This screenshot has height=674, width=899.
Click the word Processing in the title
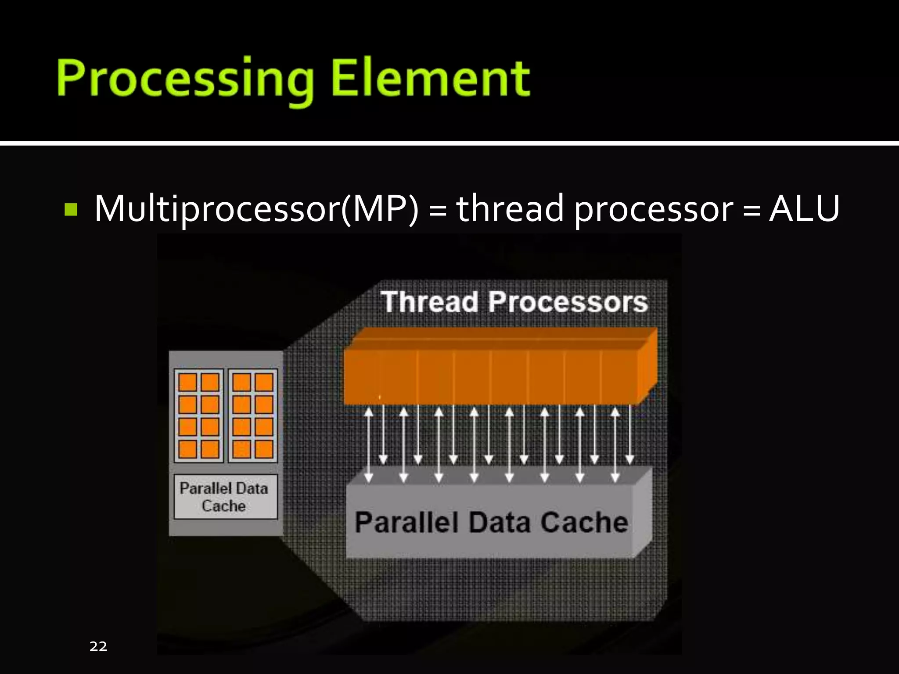pos(185,79)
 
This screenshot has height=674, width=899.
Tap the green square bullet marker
pos(71,210)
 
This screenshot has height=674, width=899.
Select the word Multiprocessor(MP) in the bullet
pos(256,209)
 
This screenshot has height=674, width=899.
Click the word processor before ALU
pos(653,209)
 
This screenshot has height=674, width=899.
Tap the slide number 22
pos(98,646)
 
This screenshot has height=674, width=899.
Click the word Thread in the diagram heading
pos(429,302)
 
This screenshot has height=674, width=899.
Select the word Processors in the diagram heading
pos(568,302)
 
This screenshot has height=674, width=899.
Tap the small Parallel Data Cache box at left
pos(225,497)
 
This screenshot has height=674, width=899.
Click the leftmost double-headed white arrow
pos(369,445)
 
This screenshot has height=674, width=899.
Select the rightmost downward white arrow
pos(630,434)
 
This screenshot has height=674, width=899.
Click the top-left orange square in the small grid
pos(187,382)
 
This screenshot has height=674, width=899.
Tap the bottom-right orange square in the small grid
pos(264,449)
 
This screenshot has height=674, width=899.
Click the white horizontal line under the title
pos(449,143)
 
